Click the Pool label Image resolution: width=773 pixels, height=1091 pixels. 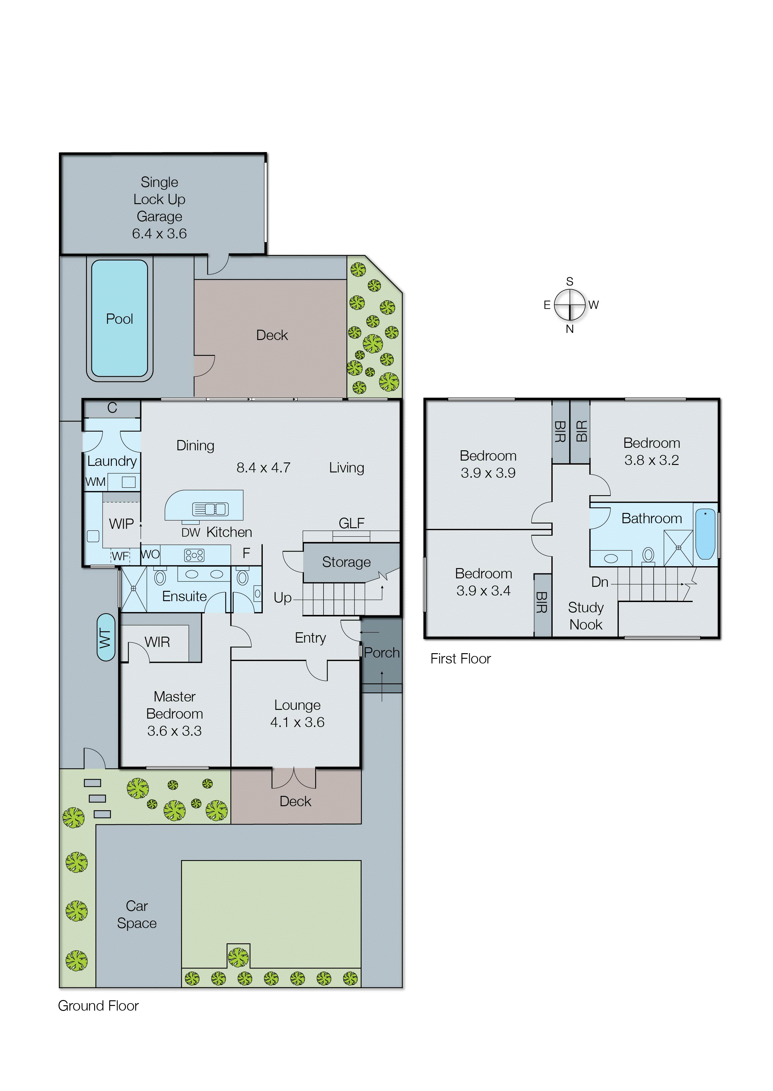[119, 319]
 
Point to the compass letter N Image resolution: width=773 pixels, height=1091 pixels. [570, 329]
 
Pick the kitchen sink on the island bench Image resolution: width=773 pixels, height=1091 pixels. [210, 509]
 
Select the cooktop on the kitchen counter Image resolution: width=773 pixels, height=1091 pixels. [194, 555]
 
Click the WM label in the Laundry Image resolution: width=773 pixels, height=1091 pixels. [95, 482]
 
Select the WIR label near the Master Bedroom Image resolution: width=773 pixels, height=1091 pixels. [157, 642]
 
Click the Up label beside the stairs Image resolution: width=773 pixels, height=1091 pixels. [282, 598]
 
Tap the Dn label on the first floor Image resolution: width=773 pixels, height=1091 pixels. [600, 582]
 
